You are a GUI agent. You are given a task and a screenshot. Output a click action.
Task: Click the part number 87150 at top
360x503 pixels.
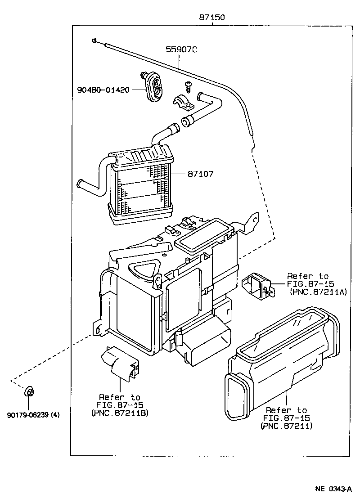(x=212, y=18)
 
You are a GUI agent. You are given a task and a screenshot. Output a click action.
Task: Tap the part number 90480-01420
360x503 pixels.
(x=103, y=90)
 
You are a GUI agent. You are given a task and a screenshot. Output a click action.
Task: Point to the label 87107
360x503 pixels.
(x=201, y=173)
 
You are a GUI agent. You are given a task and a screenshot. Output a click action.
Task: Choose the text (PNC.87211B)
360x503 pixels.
(x=120, y=413)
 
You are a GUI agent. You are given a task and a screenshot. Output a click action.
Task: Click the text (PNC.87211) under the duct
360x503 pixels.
(x=286, y=426)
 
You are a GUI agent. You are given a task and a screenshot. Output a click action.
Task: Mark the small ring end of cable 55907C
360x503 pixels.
(x=94, y=41)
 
